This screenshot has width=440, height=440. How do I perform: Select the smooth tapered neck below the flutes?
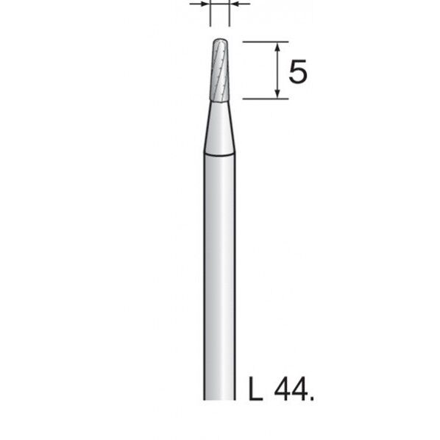coord(219,129)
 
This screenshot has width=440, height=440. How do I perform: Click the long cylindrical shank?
coord(219,280)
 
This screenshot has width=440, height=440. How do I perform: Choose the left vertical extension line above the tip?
coord(210,13)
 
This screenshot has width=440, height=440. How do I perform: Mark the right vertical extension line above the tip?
coord(229,13)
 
